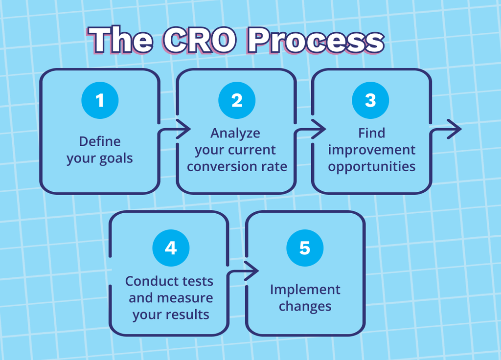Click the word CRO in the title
(200, 40)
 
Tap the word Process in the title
(316, 40)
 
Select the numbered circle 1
(100, 100)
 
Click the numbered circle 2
(237, 100)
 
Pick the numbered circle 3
(370, 100)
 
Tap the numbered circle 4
(171, 248)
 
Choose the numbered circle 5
(305, 248)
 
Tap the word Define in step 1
(100, 141)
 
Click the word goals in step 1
(116, 158)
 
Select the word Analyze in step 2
(235, 133)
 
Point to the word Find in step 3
(372, 133)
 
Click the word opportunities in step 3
(372, 167)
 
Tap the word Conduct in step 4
(146, 281)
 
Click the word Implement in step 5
(305, 290)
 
